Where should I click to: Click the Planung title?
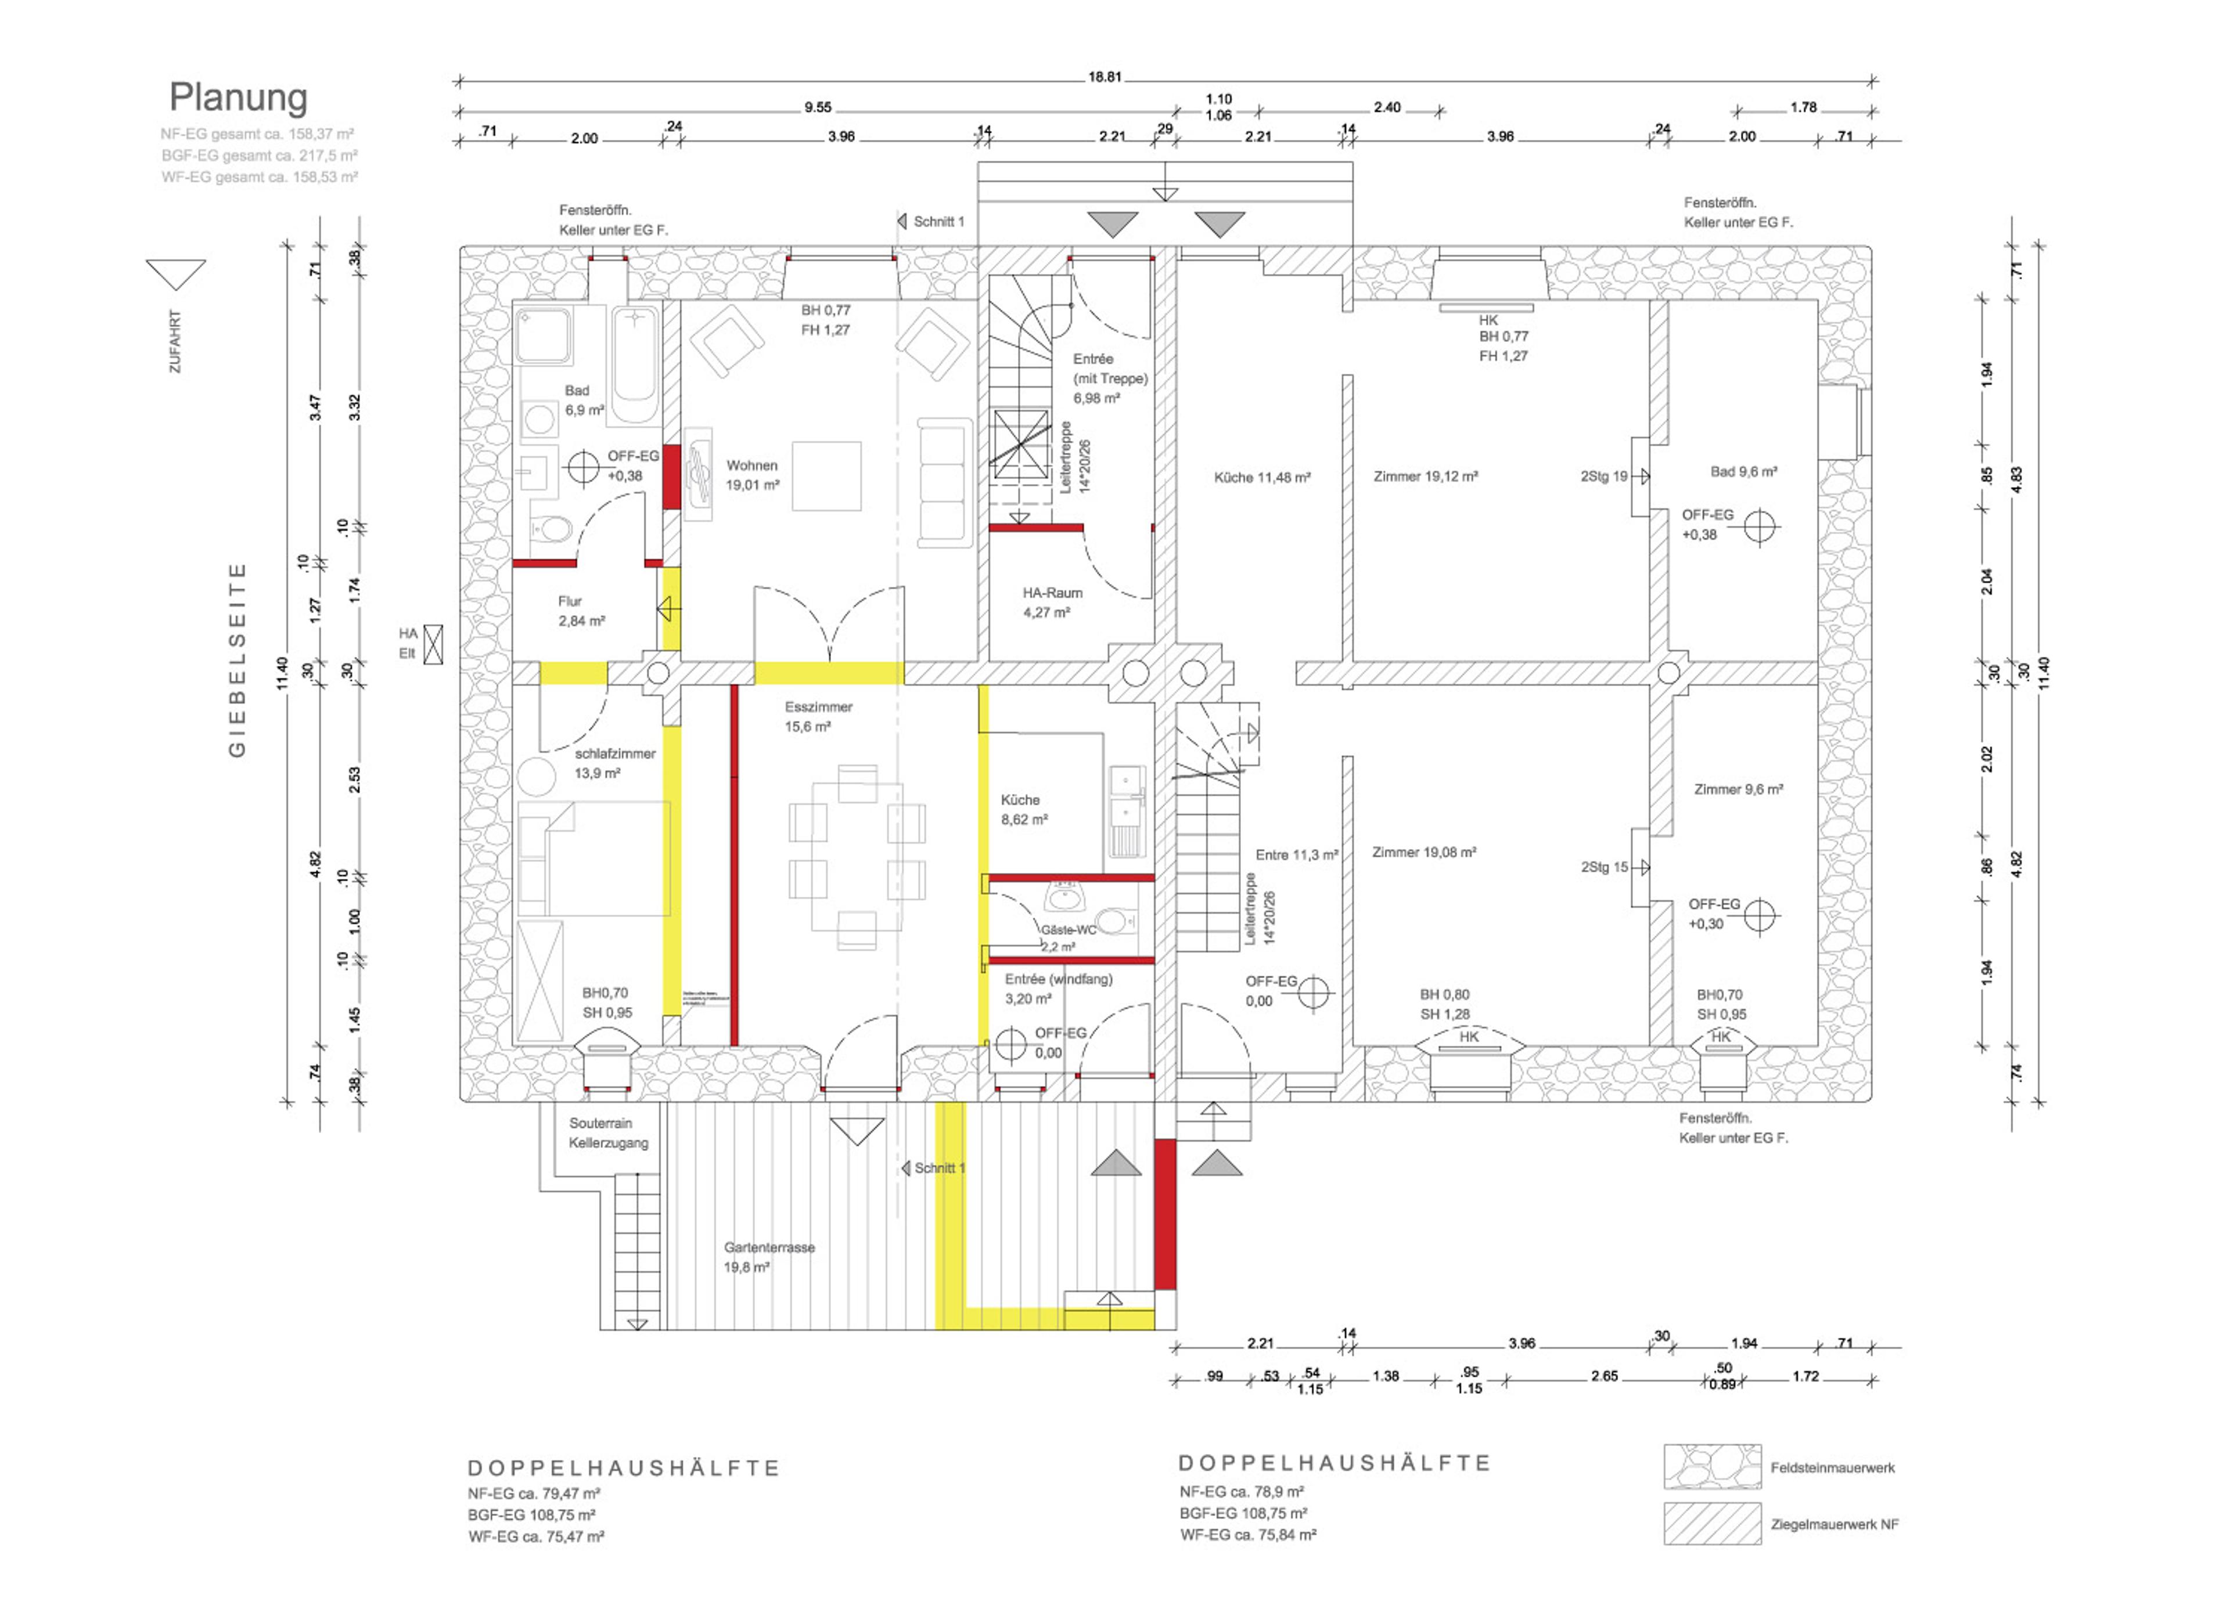click(x=238, y=98)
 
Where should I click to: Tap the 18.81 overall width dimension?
click(x=1104, y=77)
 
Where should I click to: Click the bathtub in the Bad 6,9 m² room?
click(x=636, y=365)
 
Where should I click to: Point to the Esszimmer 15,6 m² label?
click(x=818, y=716)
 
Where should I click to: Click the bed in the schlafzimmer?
click(x=594, y=858)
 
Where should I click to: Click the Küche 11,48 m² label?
click(x=1261, y=478)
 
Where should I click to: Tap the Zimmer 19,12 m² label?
click(x=1425, y=477)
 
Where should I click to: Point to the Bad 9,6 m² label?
click(x=1743, y=472)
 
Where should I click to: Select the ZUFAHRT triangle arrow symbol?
click(x=176, y=274)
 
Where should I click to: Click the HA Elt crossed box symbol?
click(x=433, y=644)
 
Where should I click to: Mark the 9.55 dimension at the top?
click(x=817, y=107)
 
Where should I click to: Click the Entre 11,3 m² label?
click(x=1296, y=855)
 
